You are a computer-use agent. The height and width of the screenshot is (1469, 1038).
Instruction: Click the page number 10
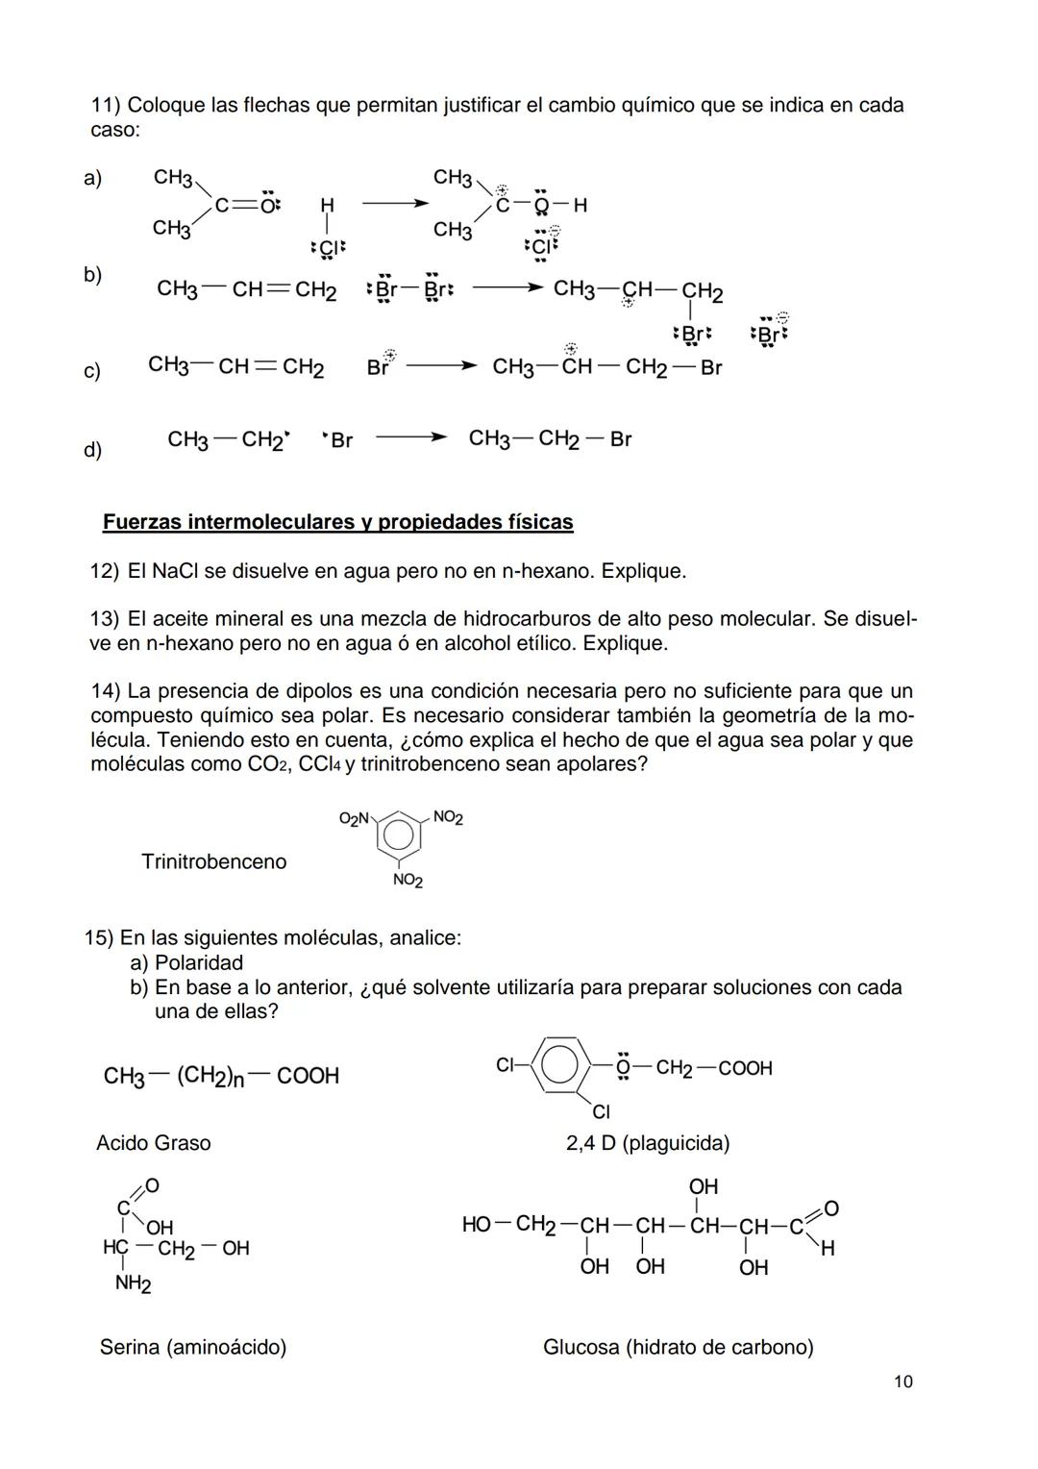(x=902, y=1382)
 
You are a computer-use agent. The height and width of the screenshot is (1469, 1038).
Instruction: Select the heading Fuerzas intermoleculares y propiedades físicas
(x=337, y=522)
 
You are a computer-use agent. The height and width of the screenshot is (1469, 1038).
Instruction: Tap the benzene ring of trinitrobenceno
(x=398, y=834)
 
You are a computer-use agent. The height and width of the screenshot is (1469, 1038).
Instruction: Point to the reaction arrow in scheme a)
(x=395, y=204)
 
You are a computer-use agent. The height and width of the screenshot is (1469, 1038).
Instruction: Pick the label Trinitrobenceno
(x=213, y=861)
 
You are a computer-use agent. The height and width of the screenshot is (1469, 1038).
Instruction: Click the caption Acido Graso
(x=153, y=1143)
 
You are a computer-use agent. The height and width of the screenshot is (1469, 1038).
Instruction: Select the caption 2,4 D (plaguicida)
(x=647, y=1143)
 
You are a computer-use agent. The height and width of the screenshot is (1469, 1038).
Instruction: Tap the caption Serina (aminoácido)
(x=192, y=1347)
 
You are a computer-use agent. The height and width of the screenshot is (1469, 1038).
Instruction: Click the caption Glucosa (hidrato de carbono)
(x=678, y=1347)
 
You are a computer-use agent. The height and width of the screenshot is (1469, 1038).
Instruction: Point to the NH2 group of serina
(x=133, y=1283)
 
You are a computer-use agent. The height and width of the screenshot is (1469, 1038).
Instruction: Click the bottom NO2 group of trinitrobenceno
(x=408, y=881)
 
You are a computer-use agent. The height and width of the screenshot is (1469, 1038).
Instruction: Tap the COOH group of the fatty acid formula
(x=308, y=1076)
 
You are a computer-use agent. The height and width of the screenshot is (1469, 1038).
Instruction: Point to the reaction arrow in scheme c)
(x=441, y=366)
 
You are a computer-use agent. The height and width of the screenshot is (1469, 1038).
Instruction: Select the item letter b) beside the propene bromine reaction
(x=92, y=275)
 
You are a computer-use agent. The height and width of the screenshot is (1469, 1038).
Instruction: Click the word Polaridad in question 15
(x=198, y=962)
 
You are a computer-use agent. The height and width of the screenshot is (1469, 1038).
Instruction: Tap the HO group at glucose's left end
(x=477, y=1224)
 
